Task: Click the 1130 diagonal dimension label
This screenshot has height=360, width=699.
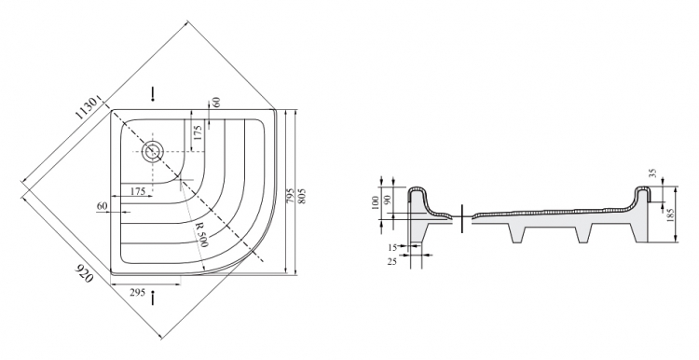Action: [x=86, y=108]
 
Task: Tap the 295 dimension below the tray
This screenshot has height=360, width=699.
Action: [x=137, y=293]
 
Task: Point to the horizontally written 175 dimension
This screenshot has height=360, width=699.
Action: [x=138, y=191]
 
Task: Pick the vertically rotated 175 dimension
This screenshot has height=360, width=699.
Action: [x=198, y=132]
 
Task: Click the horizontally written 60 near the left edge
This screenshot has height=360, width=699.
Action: [x=103, y=206]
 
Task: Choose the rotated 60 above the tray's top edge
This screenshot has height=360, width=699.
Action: [x=216, y=103]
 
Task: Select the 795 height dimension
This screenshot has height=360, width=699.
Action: [x=290, y=196]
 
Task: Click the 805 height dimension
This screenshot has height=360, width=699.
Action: [x=302, y=196]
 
